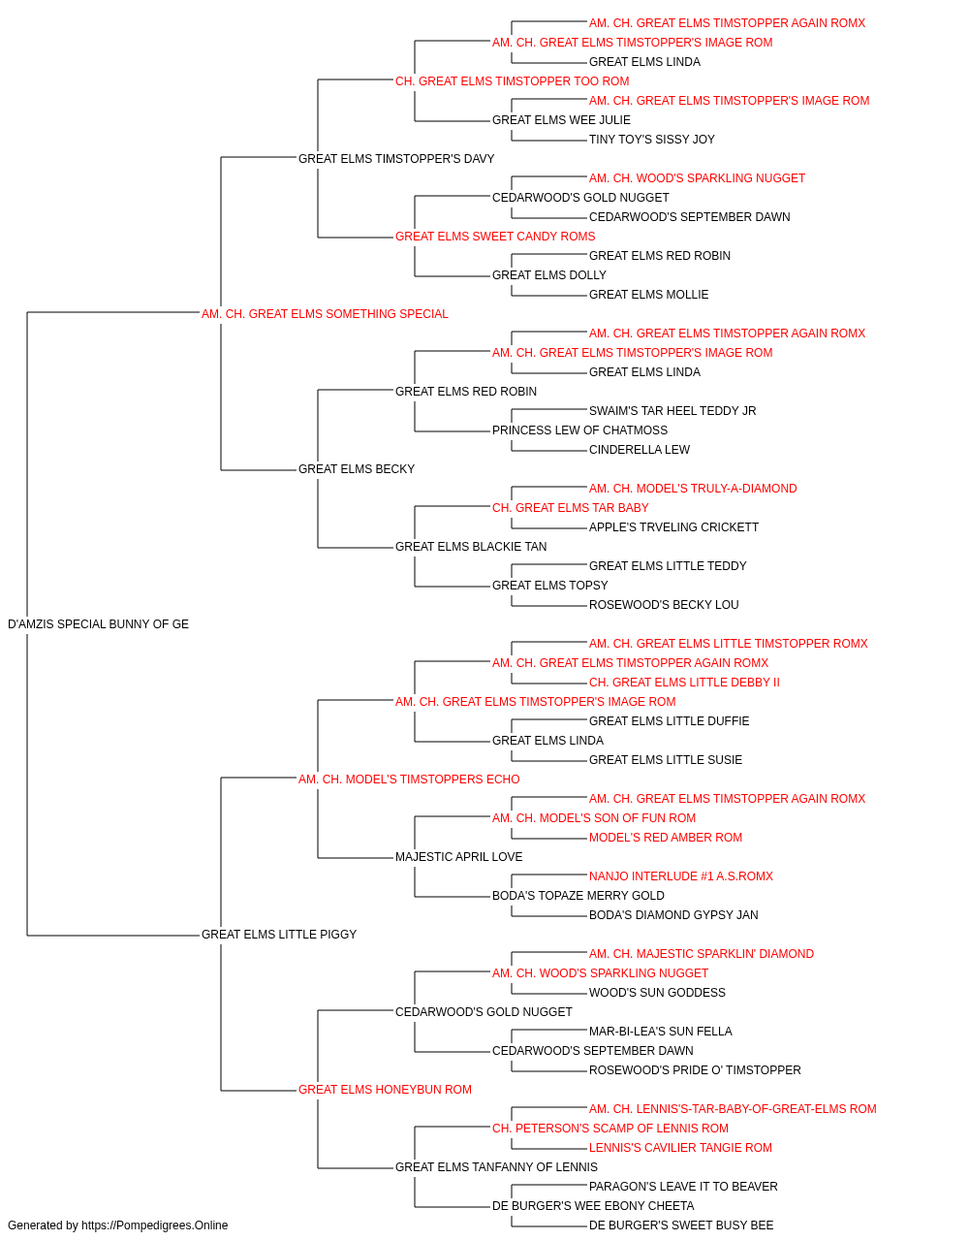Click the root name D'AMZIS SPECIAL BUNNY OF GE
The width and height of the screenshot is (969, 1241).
(x=98, y=624)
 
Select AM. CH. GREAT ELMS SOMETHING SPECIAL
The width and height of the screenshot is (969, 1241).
(x=325, y=314)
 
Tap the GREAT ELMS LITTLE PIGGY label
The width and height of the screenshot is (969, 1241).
(x=279, y=935)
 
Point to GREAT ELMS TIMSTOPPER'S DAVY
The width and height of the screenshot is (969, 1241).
(x=396, y=159)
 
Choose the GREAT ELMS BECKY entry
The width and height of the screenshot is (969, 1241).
(x=357, y=469)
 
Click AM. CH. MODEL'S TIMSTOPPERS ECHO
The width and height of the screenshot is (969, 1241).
(x=409, y=780)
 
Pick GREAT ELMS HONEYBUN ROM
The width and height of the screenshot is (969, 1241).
(x=386, y=1090)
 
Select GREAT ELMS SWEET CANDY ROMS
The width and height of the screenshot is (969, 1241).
(x=495, y=237)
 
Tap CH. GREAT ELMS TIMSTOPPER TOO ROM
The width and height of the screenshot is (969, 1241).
(x=513, y=81)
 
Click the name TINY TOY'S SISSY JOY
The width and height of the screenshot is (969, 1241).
(x=652, y=140)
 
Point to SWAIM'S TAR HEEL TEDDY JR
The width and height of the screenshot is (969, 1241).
(x=672, y=411)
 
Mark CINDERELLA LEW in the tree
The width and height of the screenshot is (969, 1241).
(x=640, y=450)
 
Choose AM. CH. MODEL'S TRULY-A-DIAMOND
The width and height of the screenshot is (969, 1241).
(x=693, y=489)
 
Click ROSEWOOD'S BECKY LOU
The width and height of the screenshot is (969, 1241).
(x=664, y=605)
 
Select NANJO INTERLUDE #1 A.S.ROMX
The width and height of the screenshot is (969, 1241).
(x=681, y=876)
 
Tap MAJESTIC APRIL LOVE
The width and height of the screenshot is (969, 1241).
(x=458, y=857)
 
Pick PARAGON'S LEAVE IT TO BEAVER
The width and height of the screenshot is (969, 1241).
(x=683, y=1187)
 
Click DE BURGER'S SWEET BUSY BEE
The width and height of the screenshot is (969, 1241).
(x=681, y=1225)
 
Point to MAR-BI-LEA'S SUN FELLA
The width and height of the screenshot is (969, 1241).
(x=660, y=1032)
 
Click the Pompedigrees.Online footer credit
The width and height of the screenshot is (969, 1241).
(x=117, y=1225)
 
